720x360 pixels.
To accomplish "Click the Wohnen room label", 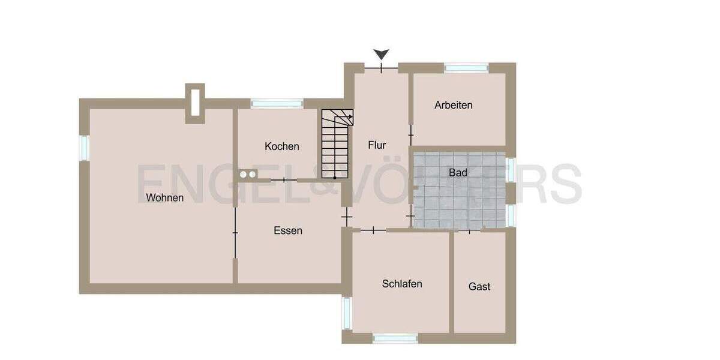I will (164, 197).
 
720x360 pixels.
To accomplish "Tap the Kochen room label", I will (281, 146).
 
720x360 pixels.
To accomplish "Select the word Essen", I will (288, 230).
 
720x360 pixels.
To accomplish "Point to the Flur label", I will (377, 145).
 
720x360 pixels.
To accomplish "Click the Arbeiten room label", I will (454, 105).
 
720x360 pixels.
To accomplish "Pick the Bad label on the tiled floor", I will (458, 173).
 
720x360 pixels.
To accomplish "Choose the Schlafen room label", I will (402, 284).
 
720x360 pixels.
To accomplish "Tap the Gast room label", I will (479, 287).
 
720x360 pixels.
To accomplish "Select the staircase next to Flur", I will (337, 144).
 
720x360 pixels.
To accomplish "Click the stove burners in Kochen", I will (248, 175).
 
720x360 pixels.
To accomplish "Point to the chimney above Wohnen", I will (195, 103).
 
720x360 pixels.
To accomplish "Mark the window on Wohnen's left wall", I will (84, 148).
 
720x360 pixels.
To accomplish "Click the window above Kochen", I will (277, 104).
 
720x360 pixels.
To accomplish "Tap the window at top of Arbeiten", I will (466, 68).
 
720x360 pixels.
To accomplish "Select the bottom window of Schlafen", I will (395, 338).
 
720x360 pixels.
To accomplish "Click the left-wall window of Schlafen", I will (346, 313).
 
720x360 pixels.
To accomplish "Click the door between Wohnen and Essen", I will (235, 232).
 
